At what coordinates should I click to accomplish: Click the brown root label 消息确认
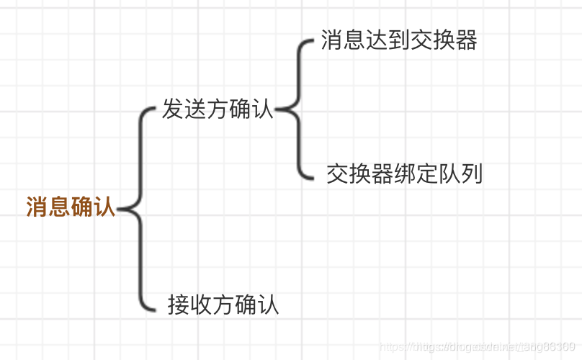71,207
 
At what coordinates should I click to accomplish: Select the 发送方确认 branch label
218,109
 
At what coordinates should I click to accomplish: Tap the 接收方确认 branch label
223,305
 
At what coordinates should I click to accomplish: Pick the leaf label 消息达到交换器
399,40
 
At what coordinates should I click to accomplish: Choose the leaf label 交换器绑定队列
404,174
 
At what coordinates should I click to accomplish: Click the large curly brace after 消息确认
137,209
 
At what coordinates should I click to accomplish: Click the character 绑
404,174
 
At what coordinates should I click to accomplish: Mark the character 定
426,174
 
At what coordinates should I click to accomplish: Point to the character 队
449,174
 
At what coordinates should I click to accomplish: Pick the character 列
471,174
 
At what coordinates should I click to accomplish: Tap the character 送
195,109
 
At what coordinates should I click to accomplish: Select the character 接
179,305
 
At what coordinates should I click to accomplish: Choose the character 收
201,305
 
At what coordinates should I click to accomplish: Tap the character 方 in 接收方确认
223,305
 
